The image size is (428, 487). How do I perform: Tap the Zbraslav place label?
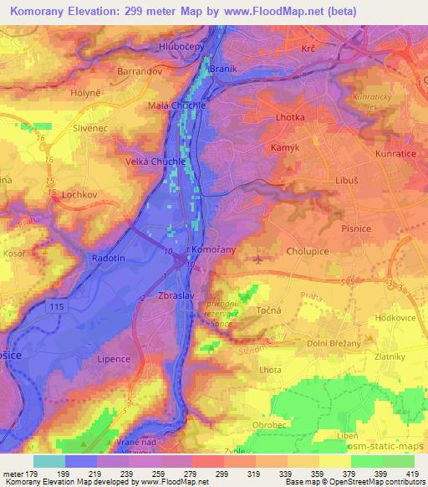pos(177,297)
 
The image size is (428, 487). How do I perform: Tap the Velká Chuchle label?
pos(151,161)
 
